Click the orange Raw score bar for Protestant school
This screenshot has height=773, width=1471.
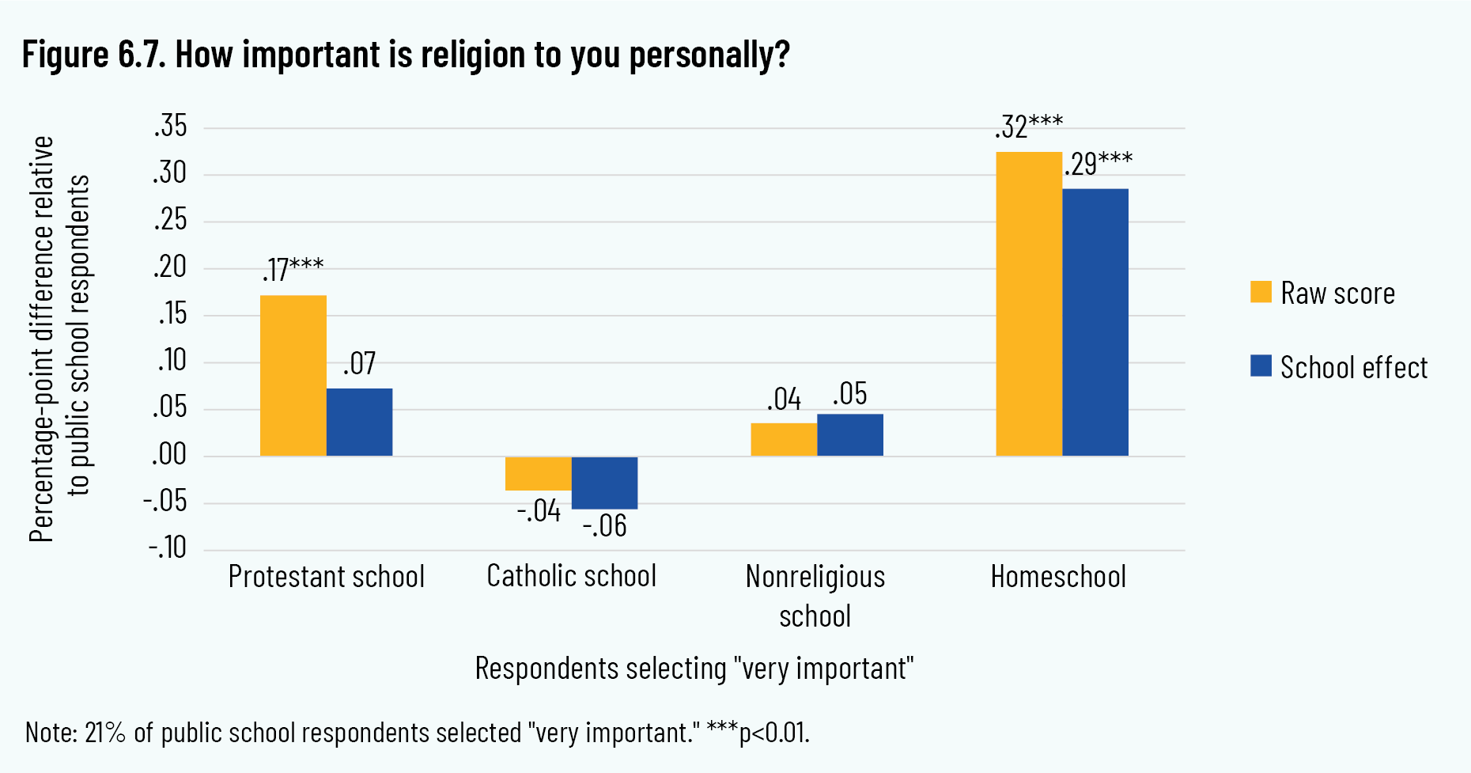[293, 375]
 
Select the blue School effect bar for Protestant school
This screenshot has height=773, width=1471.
[359, 422]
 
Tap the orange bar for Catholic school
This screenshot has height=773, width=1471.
[538, 473]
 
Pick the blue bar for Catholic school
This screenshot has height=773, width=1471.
[604, 483]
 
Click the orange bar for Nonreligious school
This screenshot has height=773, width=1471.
[784, 439]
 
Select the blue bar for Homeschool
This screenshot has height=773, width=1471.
[1095, 322]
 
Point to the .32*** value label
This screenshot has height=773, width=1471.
[1029, 127]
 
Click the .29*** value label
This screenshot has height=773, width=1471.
[1098, 164]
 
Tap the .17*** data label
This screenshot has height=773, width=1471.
[293, 270]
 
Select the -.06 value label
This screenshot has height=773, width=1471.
[605, 526]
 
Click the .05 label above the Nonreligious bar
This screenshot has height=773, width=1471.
[850, 394]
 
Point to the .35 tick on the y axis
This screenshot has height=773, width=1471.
[171, 127]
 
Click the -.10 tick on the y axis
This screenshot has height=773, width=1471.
[168, 548]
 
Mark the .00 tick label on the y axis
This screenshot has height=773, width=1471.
[169, 455]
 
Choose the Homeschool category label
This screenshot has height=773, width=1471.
[1058, 577]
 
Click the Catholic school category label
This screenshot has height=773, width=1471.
[572, 576]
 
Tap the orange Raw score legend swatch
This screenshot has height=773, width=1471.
[1261, 292]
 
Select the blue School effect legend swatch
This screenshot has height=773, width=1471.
[1261, 366]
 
